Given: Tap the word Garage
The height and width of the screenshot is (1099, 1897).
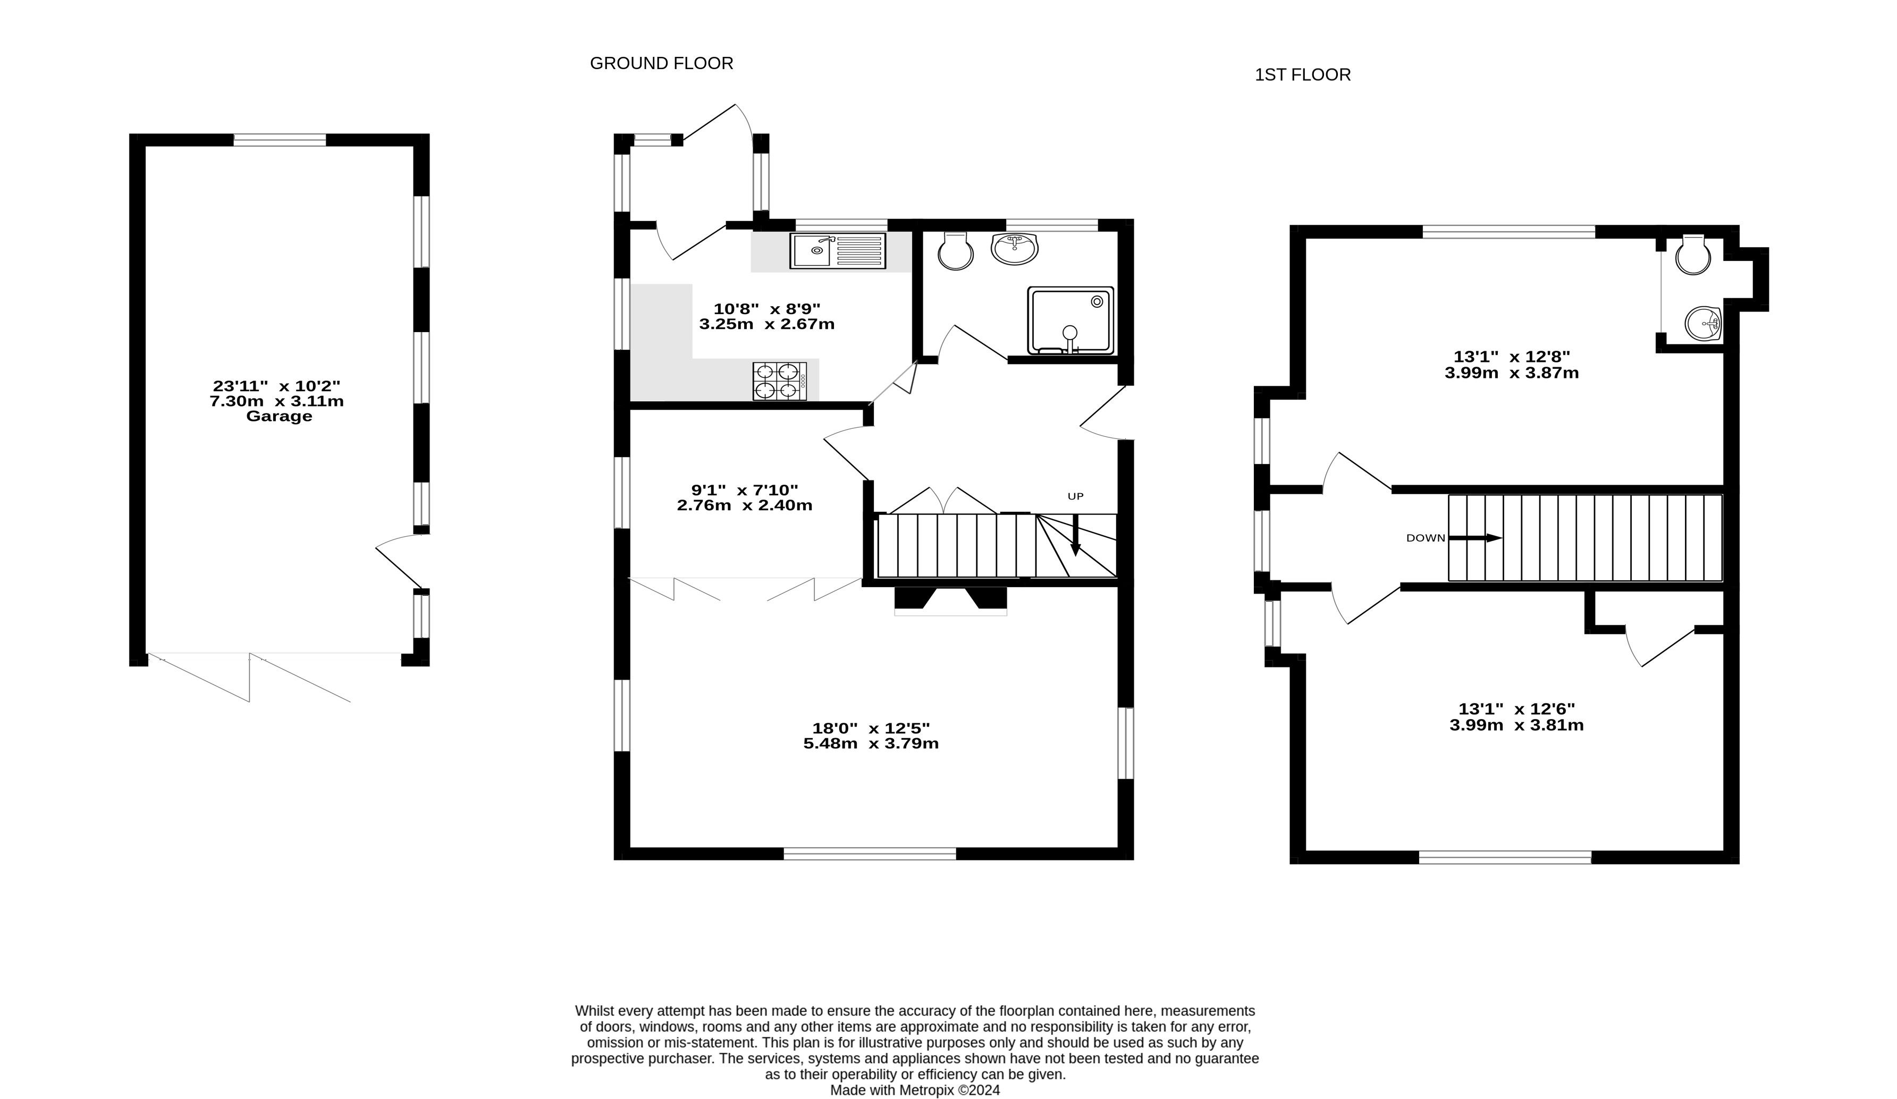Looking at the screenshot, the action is click(279, 416).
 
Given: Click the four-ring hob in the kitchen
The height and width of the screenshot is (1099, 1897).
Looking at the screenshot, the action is click(779, 381).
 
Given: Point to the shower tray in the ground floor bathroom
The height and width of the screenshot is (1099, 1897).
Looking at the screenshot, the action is click(1070, 320).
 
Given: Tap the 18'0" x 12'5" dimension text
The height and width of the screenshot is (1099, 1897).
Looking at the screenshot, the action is click(871, 728).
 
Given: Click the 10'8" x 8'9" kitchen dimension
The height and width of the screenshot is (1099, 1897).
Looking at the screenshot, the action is click(766, 309).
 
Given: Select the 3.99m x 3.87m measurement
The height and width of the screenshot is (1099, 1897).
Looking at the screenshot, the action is click(1512, 373).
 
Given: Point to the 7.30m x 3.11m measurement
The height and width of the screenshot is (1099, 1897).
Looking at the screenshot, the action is click(277, 401).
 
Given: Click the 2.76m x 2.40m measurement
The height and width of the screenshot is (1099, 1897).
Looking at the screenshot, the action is click(745, 505).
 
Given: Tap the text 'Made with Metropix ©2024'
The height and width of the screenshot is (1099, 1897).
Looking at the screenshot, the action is click(915, 1090).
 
